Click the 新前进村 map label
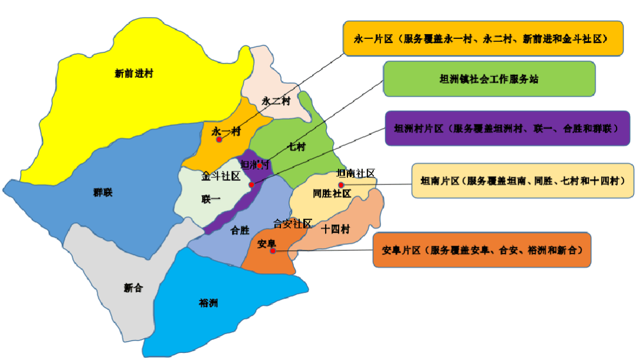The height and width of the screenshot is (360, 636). pos(134,74)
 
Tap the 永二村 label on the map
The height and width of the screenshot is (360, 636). pos(276,101)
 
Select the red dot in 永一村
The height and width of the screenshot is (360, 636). pos(219,140)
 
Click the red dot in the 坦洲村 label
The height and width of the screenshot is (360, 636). pos(259,166)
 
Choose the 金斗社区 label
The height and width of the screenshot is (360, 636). pos(220,176)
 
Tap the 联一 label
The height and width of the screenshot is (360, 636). pos(210,199)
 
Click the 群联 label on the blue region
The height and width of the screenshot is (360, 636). pos(102,193)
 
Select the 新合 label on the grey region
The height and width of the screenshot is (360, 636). pos(133,288)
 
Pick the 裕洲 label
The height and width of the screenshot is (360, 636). pos(208,303)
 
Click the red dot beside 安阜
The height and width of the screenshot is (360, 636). pos(273,251)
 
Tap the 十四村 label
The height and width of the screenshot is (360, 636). pos(336,229)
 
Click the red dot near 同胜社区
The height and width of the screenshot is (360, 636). pos(340,185)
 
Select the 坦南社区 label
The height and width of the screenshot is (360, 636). pos(355,173)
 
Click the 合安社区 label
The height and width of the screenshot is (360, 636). pos(293,223)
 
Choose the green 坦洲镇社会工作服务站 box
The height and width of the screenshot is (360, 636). pos(489,79)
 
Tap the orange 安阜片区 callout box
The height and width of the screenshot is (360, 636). pos(482,250)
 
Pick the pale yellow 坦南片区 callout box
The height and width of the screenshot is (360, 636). pos(522,180)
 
